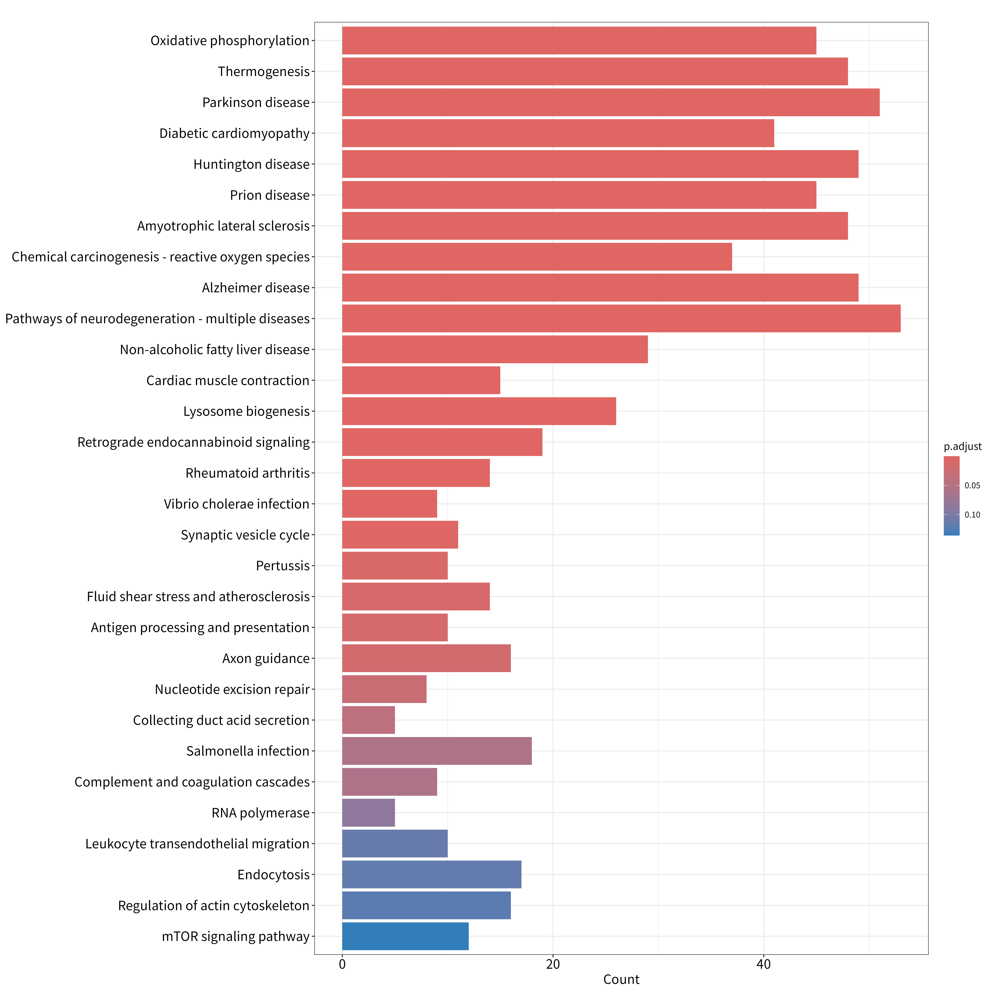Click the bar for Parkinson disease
tap(611, 102)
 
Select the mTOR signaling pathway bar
tap(405, 936)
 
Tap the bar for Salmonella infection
tap(437, 751)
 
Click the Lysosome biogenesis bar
tap(479, 411)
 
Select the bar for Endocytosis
tap(432, 874)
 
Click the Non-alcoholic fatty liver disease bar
tap(495, 349)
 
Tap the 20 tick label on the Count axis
tap(553, 964)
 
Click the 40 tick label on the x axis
tap(764, 964)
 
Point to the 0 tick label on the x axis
tap(342, 964)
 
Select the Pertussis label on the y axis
tap(283, 566)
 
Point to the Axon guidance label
tap(266, 658)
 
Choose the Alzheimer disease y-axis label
tap(256, 288)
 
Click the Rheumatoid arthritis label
tap(248, 473)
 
